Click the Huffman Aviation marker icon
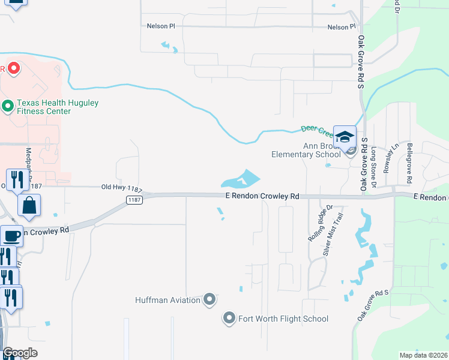[x=209, y=299]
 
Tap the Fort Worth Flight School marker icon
[x=229, y=318]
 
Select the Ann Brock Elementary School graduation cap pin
[x=345, y=137]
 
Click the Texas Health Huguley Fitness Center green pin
[x=8, y=107]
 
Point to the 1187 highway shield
[x=134, y=200]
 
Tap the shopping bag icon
[x=29, y=206]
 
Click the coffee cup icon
[x=11, y=235]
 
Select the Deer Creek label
[x=315, y=128]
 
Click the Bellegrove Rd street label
[x=409, y=163]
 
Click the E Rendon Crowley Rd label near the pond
[x=262, y=196]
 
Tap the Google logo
[x=20, y=353]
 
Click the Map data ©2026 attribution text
[x=423, y=355]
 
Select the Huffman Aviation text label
[x=167, y=299]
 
